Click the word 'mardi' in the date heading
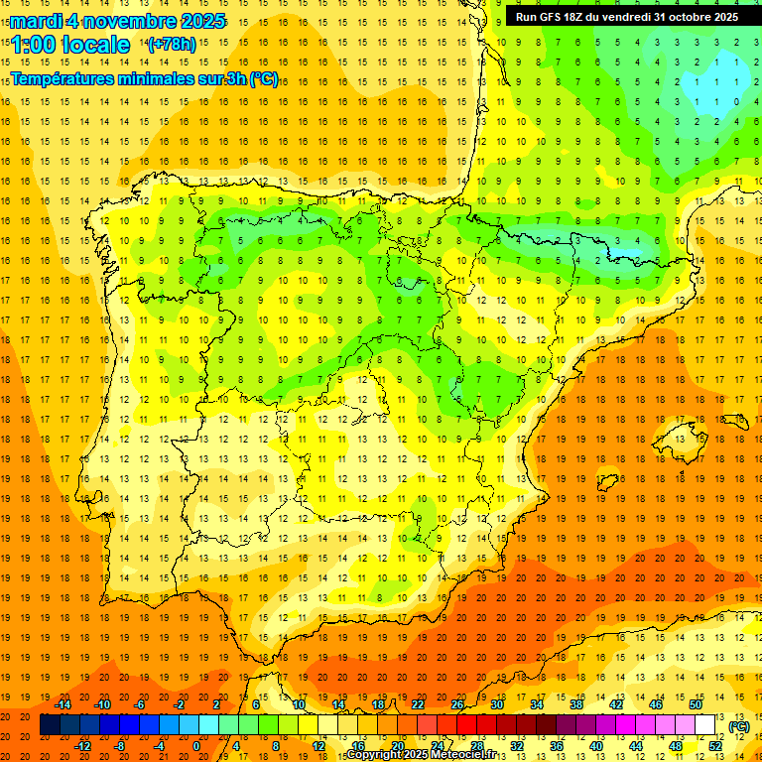(35, 21)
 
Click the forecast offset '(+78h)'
(171, 45)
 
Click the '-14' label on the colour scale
(63, 704)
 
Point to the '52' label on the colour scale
(715, 745)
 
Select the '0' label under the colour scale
(196, 745)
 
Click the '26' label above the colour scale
(457, 704)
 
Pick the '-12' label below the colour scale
(82, 745)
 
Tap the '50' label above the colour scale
(695, 704)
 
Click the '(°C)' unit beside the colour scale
(738, 725)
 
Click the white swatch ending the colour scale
(705, 725)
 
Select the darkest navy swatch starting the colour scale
(50, 725)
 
